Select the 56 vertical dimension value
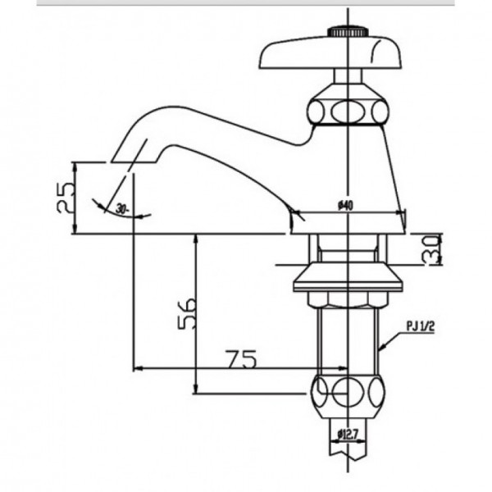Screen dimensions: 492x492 pos(188,312)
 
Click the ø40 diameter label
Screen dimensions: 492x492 pos(344,207)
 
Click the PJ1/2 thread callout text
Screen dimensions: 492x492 pos(420,326)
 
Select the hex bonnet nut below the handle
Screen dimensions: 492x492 pos(349,109)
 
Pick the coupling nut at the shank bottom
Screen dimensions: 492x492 pos(349,393)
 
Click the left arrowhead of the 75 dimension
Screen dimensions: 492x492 pos(137,367)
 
